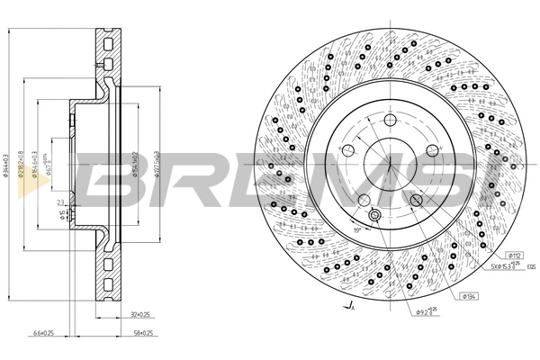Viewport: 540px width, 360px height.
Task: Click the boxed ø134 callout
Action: (469, 296)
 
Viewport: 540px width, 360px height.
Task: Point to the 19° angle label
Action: (356, 231)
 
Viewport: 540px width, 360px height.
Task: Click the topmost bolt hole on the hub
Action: (389, 121)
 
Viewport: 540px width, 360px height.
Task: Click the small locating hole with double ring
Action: (374, 215)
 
